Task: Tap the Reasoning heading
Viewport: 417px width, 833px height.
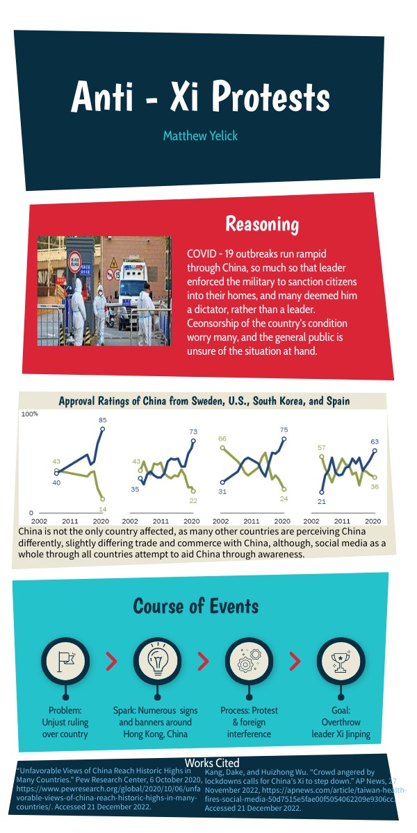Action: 262,224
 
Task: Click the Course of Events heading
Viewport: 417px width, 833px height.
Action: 195,606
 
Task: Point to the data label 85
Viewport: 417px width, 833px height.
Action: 102,420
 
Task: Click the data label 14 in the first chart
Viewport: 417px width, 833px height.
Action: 102,509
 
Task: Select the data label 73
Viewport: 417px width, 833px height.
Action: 193,432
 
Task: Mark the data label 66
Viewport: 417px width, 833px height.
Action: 222,439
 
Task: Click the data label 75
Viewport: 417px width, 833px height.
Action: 284,430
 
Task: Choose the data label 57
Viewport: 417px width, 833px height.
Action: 322,448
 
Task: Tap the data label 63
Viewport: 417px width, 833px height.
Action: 375,441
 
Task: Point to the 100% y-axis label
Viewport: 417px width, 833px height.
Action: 30,414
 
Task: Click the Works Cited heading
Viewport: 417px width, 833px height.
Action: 212,763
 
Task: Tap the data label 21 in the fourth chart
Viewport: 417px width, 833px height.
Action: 322,501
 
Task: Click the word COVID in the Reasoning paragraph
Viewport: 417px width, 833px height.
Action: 203,254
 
